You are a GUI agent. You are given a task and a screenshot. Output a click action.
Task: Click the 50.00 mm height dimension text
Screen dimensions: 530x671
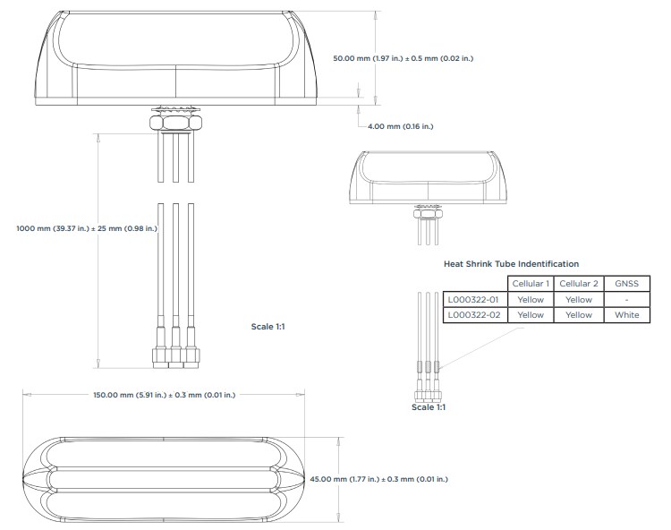coord(403,58)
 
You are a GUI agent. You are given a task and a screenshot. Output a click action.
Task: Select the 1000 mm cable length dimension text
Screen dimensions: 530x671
coord(87,228)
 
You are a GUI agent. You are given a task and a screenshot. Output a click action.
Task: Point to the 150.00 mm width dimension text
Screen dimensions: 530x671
coord(165,394)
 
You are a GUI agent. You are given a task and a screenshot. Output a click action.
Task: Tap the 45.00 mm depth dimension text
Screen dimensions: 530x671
coord(378,479)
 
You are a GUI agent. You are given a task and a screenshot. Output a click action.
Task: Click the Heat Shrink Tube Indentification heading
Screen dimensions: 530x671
coord(511,264)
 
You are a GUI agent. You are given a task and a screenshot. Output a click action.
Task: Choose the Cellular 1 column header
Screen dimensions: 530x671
coord(531,284)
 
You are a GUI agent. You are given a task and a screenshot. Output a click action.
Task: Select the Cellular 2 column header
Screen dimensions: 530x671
coord(579,284)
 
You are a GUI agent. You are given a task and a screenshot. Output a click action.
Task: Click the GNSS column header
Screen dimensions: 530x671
coord(626,284)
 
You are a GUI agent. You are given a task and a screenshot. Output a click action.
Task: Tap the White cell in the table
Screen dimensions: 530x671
coord(626,315)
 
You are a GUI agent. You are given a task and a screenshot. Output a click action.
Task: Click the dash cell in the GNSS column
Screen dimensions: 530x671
coord(626,300)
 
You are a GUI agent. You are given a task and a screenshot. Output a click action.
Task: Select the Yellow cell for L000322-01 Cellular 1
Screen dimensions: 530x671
coord(531,300)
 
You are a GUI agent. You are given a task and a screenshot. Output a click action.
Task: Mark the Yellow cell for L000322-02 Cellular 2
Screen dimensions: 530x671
coord(579,315)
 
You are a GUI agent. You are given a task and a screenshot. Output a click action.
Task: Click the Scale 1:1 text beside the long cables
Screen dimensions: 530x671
coord(268,327)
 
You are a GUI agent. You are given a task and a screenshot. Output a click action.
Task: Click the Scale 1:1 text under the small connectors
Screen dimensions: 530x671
coord(429,407)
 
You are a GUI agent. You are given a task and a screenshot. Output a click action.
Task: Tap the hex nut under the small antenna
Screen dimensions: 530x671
coord(428,212)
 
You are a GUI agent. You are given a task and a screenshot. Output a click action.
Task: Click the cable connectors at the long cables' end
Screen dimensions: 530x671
coord(175,356)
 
